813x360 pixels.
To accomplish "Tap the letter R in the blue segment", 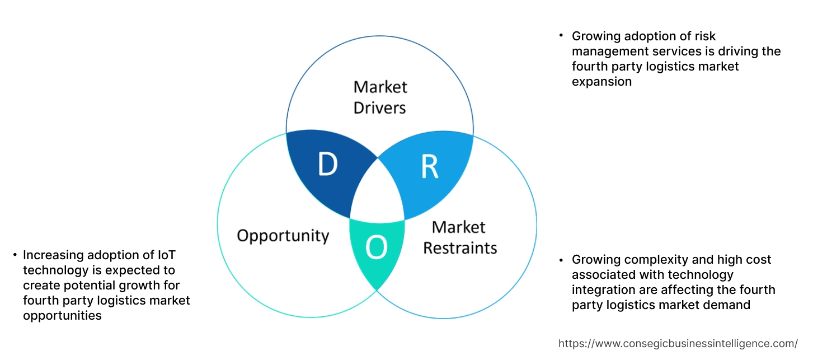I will coord(429,167).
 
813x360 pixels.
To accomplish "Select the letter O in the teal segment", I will coord(376,249).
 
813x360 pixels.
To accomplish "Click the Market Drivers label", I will coord(380,97).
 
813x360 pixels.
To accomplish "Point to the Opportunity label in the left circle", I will coord(283,235).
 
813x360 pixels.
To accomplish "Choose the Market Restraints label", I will coord(459,237).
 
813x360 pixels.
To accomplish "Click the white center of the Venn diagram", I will coord(378,193).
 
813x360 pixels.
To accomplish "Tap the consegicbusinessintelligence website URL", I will coord(678,343).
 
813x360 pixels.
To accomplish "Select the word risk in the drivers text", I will coord(705,36).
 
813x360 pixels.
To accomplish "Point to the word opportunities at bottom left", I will coord(62,316).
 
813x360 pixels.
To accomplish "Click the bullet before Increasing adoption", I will coord(15,255).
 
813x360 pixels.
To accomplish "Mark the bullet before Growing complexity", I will coord(561,260).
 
